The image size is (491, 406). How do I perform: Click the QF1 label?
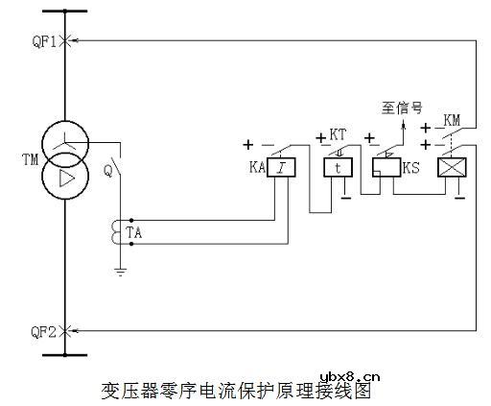(43, 40)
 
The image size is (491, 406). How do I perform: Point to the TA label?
(134, 232)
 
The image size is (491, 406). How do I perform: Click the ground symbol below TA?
(119, 271)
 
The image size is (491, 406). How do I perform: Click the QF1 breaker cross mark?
(65, 40)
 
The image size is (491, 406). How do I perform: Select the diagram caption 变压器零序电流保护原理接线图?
(235, 392)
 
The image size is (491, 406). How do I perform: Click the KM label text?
(454, 120)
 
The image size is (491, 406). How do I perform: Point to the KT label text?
(338, 134)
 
